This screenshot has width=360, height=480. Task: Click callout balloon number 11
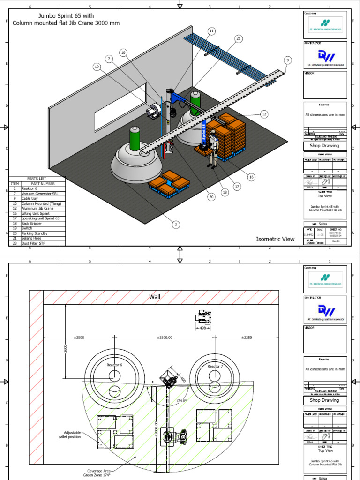tap(211, 31)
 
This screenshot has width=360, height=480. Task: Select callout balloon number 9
tap(287, 60)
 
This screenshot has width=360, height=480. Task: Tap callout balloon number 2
tap(175, 225)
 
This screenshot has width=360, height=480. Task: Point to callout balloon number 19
tap(97, 67)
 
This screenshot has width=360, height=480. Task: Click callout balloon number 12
tap(264, 114)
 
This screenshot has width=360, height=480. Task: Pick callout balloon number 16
tap(251, 177)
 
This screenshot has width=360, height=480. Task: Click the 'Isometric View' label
tap(275, 239)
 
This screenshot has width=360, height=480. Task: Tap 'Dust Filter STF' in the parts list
tap(36, 243)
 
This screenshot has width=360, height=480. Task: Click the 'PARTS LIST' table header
tap(37, 179)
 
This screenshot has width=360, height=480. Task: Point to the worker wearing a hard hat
tap(213, 149)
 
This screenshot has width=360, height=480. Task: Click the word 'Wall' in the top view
tap(155, 297)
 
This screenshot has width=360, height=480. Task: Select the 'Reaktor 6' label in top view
tap(114, 365)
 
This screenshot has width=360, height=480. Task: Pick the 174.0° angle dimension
tap(181, 401)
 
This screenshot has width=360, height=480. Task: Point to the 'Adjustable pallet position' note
tap(69, 435)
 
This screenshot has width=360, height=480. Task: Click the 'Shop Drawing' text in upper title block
tap(324, 146)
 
